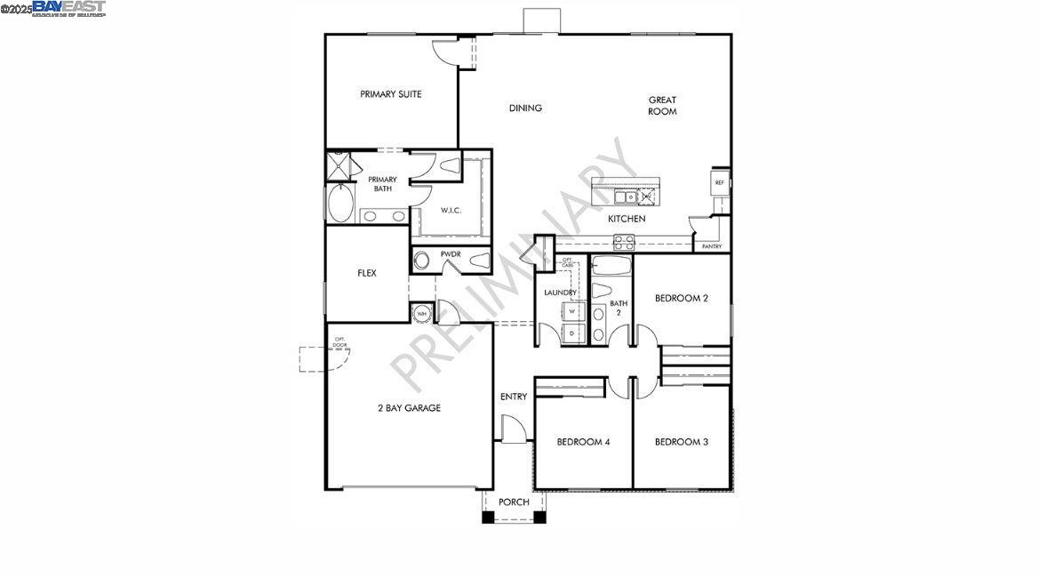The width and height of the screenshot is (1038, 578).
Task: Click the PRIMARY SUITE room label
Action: pos(391,94)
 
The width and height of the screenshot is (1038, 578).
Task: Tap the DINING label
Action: pos(525,108)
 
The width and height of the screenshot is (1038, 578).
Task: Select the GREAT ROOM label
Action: pos(662,106)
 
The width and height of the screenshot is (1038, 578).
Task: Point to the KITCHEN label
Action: pos(627,219)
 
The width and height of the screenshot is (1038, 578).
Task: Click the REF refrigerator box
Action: pos(720,183)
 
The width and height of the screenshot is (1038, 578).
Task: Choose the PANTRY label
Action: pos(712,246)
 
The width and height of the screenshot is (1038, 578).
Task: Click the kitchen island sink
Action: pos(628,197)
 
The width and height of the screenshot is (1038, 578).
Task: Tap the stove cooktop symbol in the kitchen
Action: pos(624,239)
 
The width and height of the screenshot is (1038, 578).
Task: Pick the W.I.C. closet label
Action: pos(451,211)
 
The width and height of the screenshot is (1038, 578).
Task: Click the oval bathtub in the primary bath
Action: pos(340,204)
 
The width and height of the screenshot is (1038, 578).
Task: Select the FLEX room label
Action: pos(367,273)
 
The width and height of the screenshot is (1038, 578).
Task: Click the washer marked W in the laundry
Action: pos(573,311)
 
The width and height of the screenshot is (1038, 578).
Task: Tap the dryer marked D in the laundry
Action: pos(573,333)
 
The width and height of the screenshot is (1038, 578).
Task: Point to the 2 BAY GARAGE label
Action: pos(409,408)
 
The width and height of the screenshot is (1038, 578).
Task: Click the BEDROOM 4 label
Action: pos(583,442)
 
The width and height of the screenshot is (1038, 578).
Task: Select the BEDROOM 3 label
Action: pos(682,442)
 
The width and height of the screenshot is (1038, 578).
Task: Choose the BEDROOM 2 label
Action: pos(682,299)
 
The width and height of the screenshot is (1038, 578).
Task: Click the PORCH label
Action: pos(514,502)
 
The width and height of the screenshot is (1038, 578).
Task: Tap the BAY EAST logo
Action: pos(68,8)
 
